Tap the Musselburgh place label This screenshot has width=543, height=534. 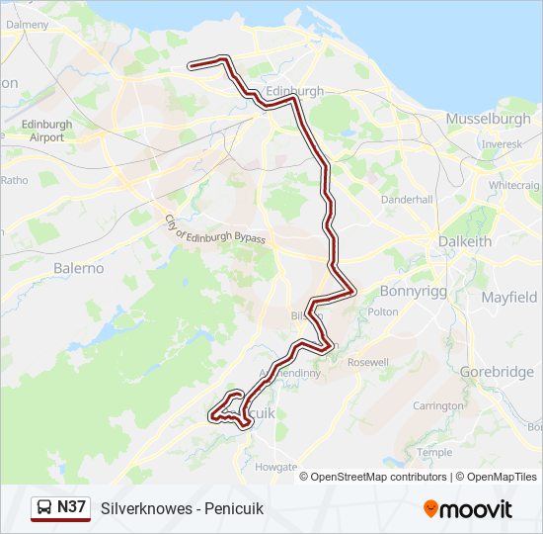click(488, 119)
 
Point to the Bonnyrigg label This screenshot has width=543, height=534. click(415, 291)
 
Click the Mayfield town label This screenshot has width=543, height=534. click(509, 297)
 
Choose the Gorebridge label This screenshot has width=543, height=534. click(497, 372)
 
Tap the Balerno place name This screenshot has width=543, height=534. click(79, 268)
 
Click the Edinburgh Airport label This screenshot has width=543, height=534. click(46, 131)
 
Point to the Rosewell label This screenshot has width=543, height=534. click(368, 363)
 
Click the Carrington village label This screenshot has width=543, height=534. click(438, 405)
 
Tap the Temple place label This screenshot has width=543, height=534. click(434, 452)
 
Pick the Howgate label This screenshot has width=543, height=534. click(275, 466)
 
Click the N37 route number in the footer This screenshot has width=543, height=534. click(72, 507)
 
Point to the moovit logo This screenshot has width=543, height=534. click(468, 509)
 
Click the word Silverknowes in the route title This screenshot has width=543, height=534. click(145, 508)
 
